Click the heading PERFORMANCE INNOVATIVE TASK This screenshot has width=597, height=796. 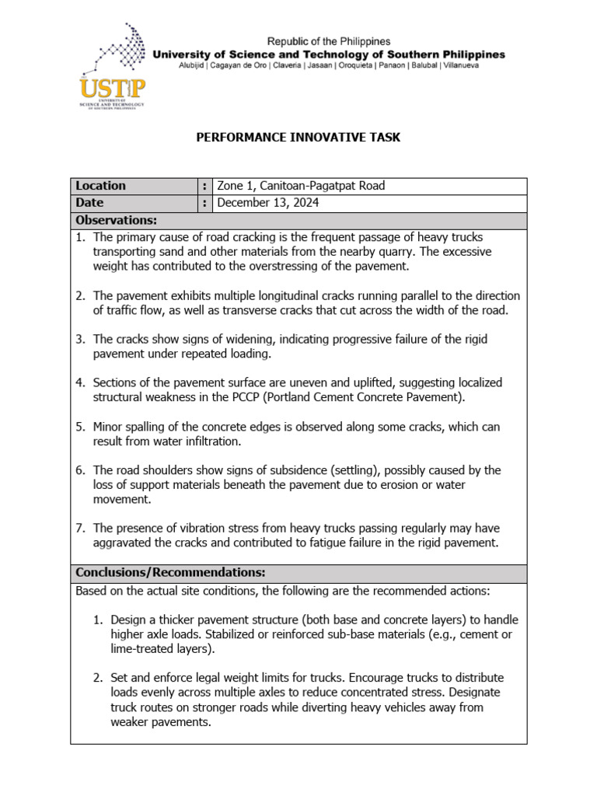pos(298,138)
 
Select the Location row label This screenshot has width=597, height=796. pos(100,186)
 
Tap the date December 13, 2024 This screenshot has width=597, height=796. pos(267,203)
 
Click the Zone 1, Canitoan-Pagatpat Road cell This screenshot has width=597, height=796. pos(301,186)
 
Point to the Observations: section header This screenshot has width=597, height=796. pos(116,221)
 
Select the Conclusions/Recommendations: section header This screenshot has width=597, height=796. pos(170,573)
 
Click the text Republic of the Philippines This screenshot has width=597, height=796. pos(329,40)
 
